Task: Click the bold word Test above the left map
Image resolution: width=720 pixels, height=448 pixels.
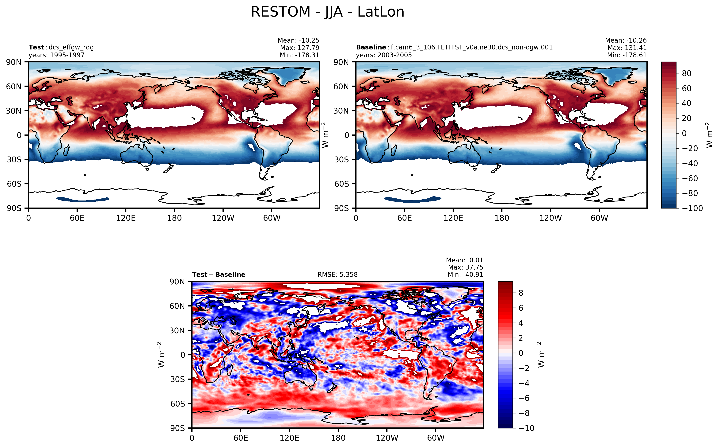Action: (x=36, y=47)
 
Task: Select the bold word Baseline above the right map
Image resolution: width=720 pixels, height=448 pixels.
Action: (x=371, y=47)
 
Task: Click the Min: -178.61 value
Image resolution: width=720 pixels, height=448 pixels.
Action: (x=627, y=55)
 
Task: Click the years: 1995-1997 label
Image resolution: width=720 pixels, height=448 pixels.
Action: (x=56, y=55)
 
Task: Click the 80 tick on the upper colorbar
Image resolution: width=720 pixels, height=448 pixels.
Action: (x=687, y=73)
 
